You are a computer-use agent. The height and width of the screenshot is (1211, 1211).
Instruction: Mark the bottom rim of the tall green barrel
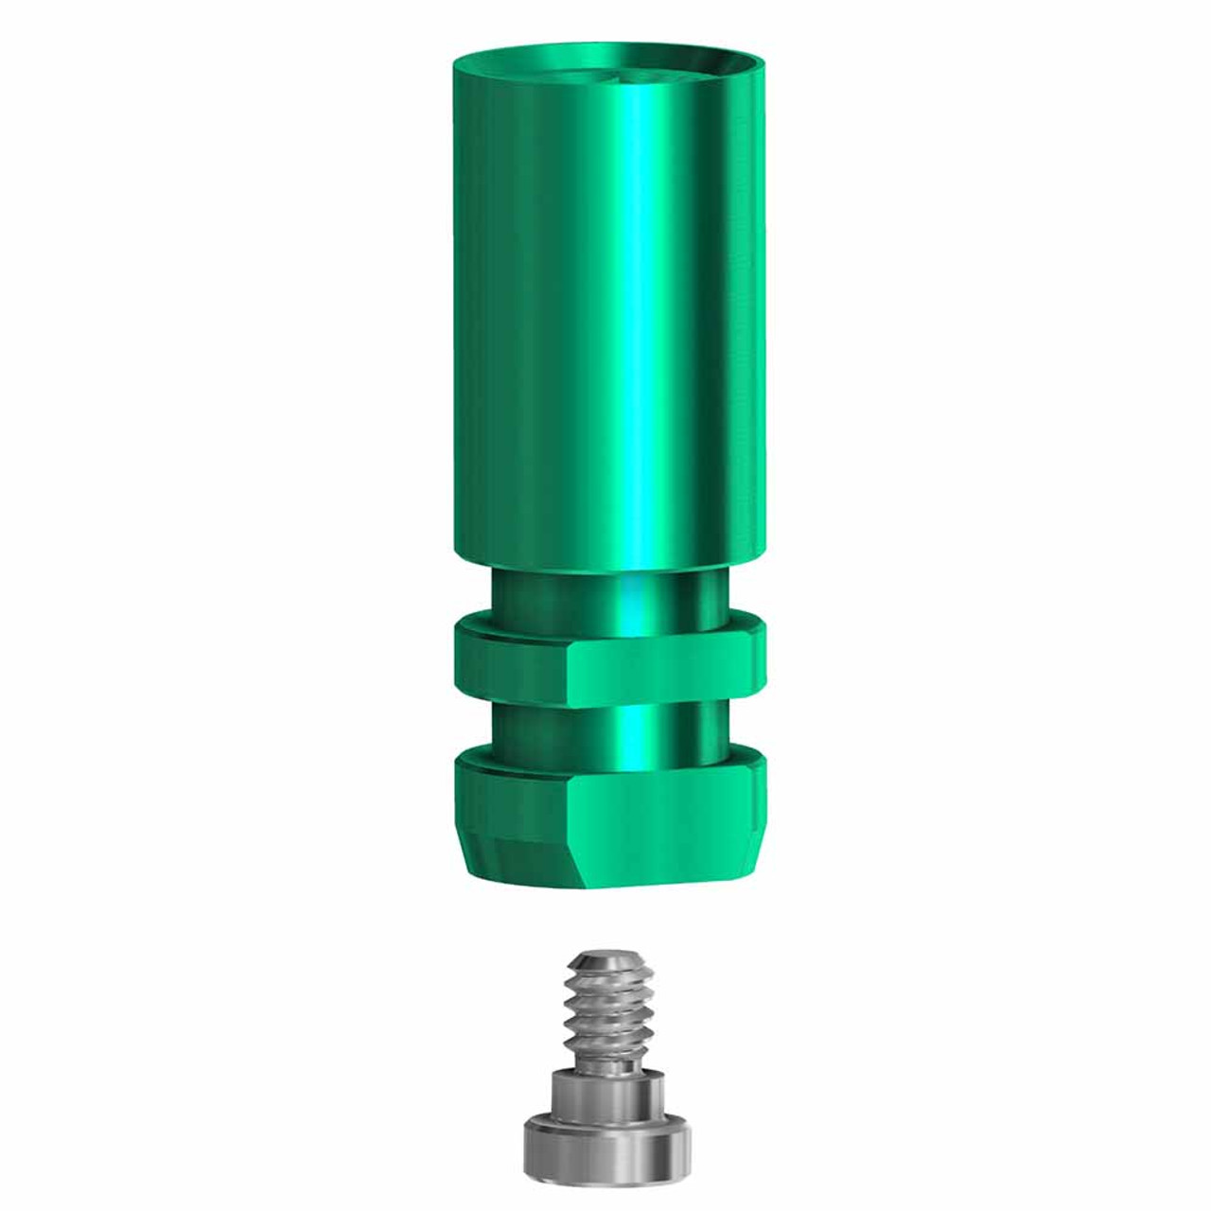[605, 566]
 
